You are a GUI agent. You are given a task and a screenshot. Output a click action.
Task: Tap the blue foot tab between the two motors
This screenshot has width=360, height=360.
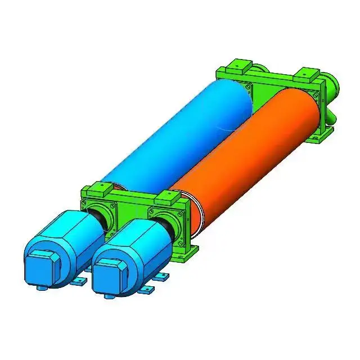[x=79, y=280]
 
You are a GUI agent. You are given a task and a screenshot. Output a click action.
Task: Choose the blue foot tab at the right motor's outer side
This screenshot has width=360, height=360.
[x=163, y=276]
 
